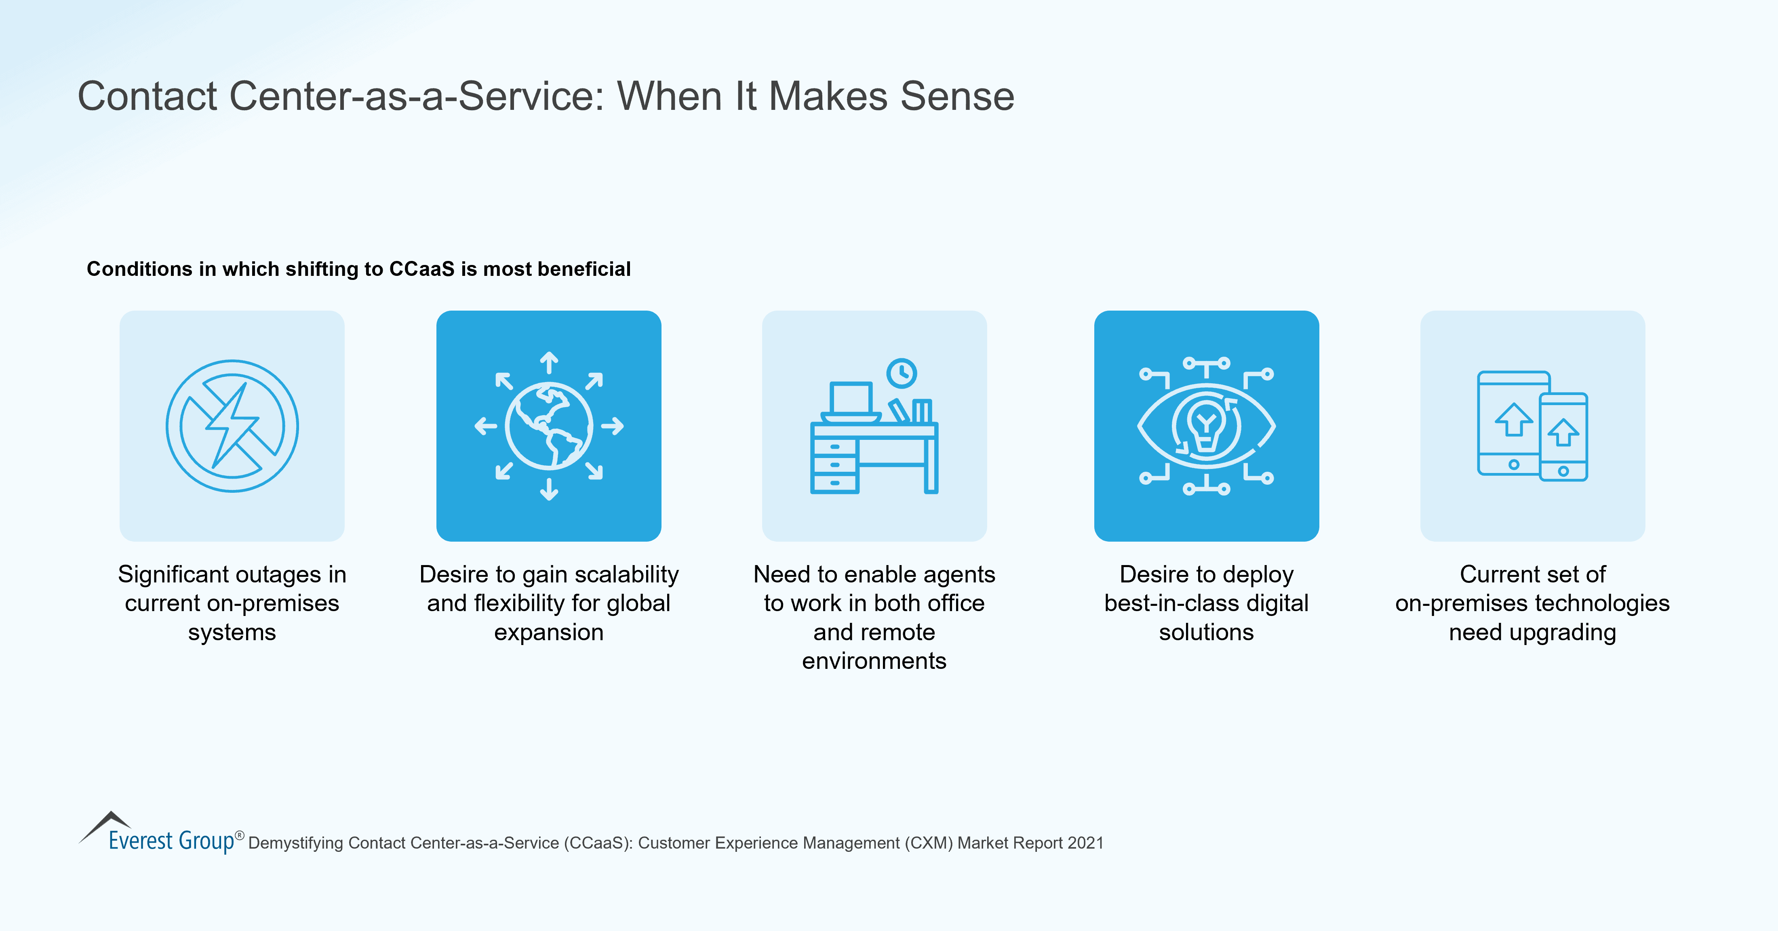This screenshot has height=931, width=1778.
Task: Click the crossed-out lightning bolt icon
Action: point(232,426)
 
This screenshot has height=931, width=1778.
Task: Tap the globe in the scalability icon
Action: point(549,426)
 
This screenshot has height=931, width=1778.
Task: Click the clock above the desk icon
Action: point(902,373)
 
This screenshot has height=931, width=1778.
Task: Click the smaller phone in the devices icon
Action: point(1563,437)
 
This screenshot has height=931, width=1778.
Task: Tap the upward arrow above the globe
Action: point(549,361)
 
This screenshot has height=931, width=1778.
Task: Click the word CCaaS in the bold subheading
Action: point(422,269)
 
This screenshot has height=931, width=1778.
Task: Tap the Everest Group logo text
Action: point(171,841)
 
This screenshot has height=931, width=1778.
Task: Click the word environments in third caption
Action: point(874,661)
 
